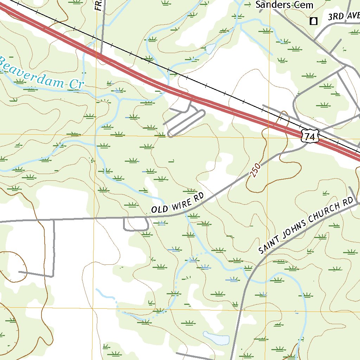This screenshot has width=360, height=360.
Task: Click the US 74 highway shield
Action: [x=309, y=136]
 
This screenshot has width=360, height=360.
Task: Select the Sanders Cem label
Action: [x=284, y=5]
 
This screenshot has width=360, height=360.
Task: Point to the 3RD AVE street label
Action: [x=343, y=17]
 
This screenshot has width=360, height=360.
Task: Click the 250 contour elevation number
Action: [x=256, y=169]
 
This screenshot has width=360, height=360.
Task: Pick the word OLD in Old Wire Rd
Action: [x=159, y=209]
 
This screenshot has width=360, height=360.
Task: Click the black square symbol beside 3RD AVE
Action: [x=313, y=21]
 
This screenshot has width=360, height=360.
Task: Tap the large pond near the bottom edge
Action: [x=216, y=339]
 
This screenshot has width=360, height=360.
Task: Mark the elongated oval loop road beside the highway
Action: [x=186, y=123]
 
